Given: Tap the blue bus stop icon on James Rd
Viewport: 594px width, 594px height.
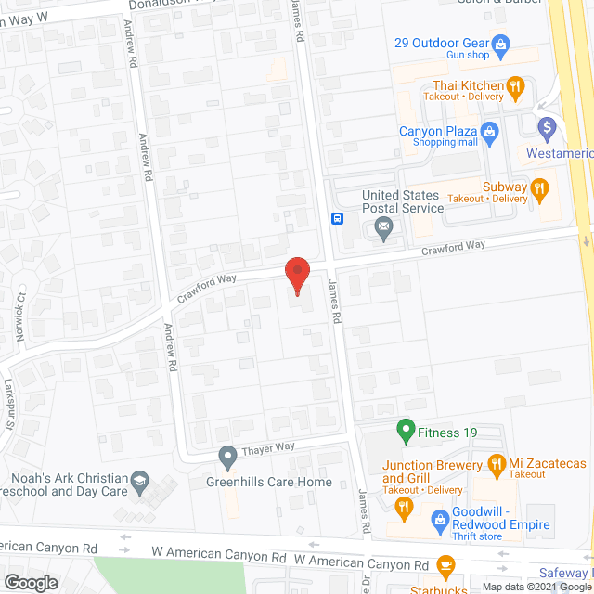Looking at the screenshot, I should point(337,220).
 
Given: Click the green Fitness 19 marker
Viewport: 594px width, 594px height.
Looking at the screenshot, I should point(405,430).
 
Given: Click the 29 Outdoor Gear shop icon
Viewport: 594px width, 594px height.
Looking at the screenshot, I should point(501,43).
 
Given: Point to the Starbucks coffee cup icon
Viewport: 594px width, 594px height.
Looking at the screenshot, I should point(445,564).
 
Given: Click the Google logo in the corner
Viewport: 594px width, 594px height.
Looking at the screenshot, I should point(30,582).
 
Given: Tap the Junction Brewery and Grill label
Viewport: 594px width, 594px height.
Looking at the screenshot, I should point(433,471).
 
